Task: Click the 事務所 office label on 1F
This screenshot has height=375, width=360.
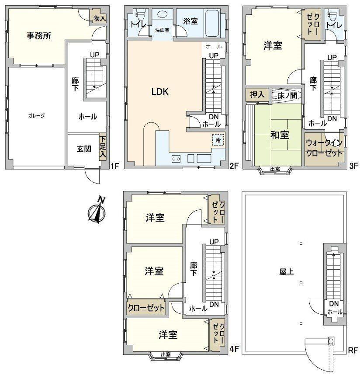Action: [x=39, y=36]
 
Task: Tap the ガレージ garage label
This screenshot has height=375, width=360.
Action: [x=36, y=116]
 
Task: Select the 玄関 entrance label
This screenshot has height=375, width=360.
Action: [x=84, y=149]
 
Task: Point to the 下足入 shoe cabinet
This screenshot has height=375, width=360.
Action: [x=103, y=147]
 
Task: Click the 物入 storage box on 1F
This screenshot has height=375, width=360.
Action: [x=97, y=17]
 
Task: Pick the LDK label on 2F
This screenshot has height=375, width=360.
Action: [x=160, y=92]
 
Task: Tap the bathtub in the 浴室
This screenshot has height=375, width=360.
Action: [x=212, y=24]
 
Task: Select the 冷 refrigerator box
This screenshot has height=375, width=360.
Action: [x=218, y=140]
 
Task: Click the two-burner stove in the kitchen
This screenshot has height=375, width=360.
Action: [x=176, y=159]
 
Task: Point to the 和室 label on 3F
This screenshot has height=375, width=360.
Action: [x=280, y=135]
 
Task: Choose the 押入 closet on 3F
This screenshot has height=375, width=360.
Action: [x=257, y=95]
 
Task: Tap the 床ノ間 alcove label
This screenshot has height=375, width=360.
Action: [x=287, y=96]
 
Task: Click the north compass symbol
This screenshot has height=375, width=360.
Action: [x=97, y=210]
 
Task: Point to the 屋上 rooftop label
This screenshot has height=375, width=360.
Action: [x=286, y=271]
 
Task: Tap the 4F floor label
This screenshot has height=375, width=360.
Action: [x=234, y=349]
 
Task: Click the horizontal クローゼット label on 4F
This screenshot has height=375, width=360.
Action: [x=146, y=308]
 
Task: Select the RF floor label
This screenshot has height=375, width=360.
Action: [x=353, y=351]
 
